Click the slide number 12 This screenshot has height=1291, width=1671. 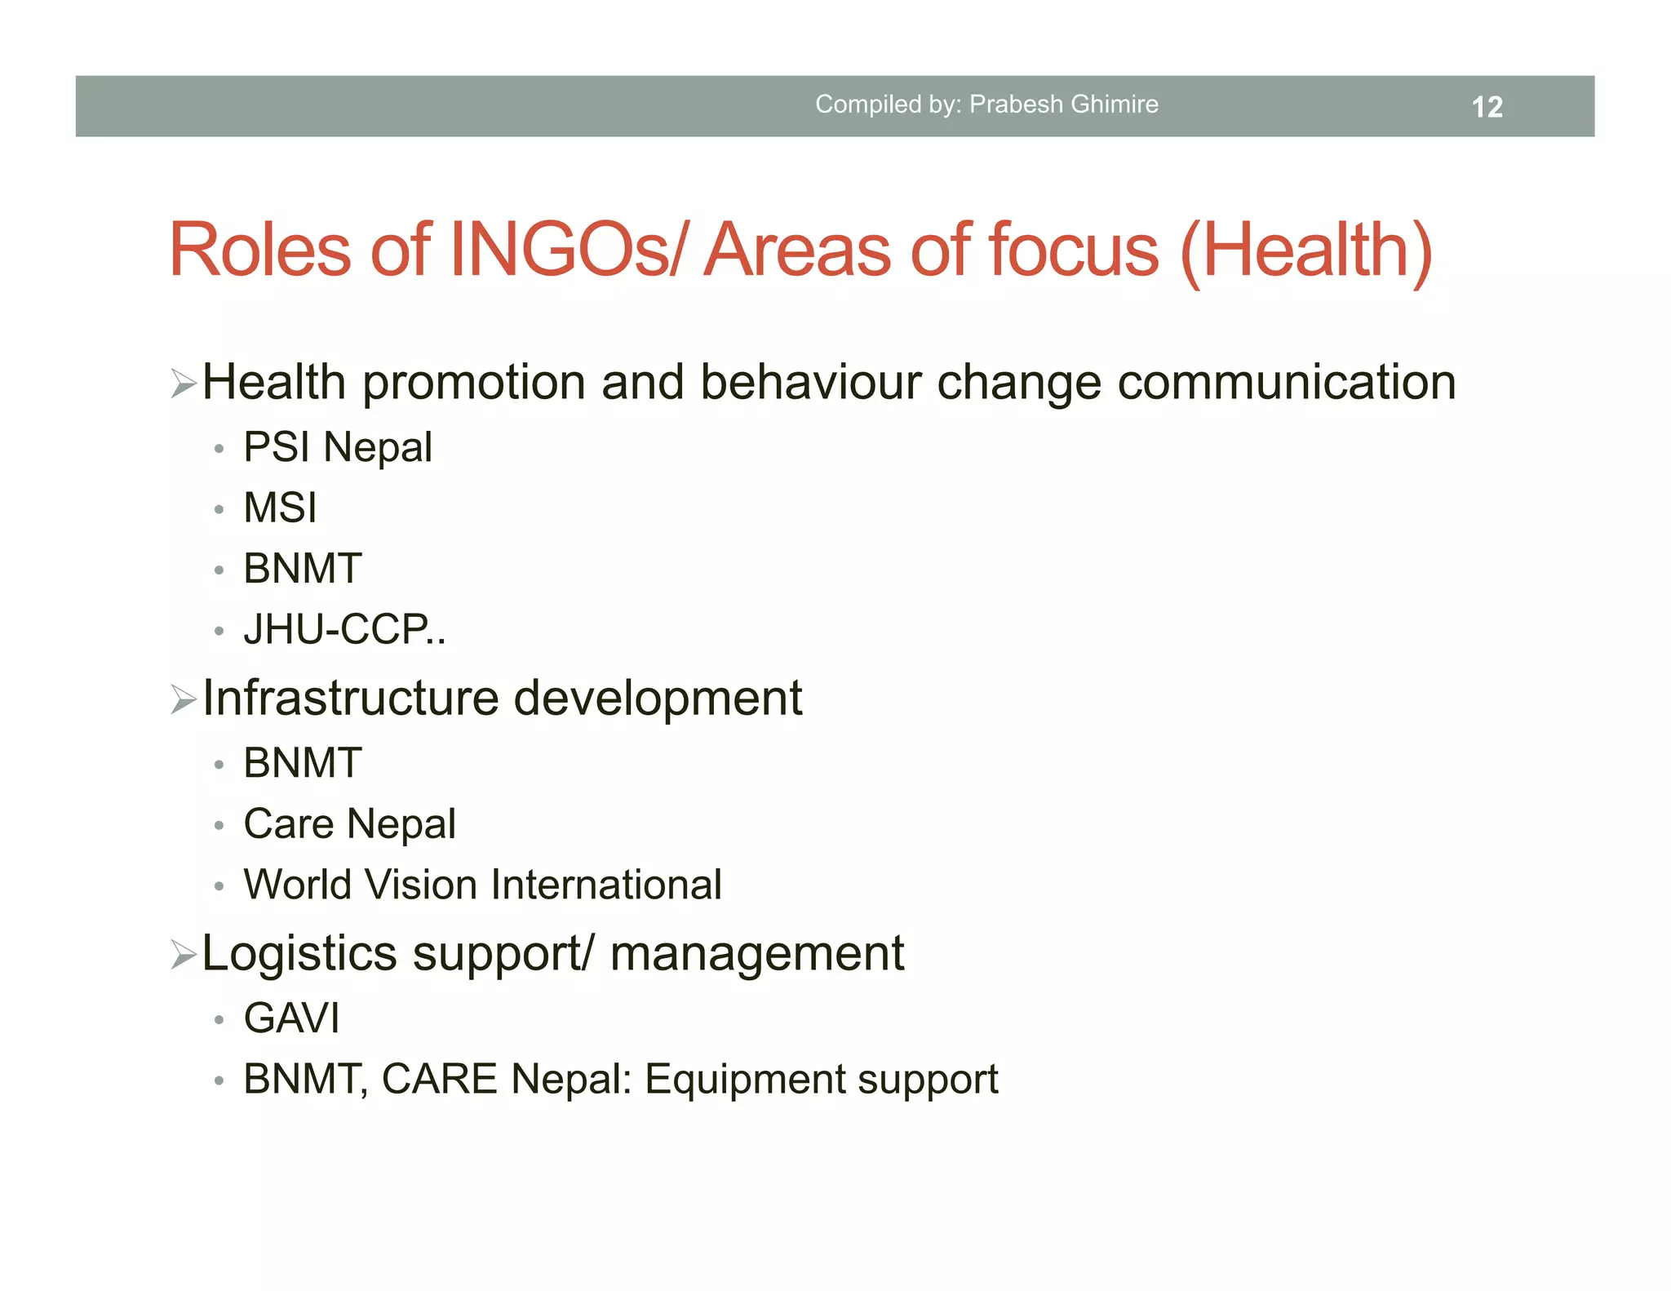[x=1487, y=107]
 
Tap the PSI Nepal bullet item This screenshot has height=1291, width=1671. [x=338, y=447]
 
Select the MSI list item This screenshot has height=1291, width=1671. [x=280, y=508]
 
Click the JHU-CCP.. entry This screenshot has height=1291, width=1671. [x=344, y=629]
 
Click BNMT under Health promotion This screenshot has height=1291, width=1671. [x=303, y=568]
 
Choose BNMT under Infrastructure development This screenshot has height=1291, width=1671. [x=303, y=763]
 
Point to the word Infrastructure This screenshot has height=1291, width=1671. [x=350, y=698]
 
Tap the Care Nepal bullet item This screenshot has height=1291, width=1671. [x=349, y=823]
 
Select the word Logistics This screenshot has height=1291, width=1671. [x=299, y=953]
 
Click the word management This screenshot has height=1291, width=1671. [x=756, y=953]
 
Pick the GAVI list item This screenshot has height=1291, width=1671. [x=291, y=1018]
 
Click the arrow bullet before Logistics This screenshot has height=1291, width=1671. [x=184, y=954]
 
